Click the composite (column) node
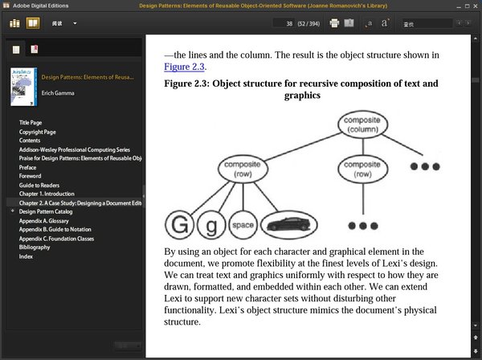coord(362,125)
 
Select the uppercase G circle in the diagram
coord(179,225)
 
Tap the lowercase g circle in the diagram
coord(211,226)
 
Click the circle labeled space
coord(243,226)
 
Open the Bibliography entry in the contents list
coord(35,247)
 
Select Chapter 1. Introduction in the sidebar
coord(47,194)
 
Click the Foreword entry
coord(31,176)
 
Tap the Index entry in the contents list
coord(26,256)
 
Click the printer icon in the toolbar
coord(334,24)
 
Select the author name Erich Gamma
coord(57,94)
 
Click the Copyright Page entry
coord(38,132)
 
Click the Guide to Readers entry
coord(41,185)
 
